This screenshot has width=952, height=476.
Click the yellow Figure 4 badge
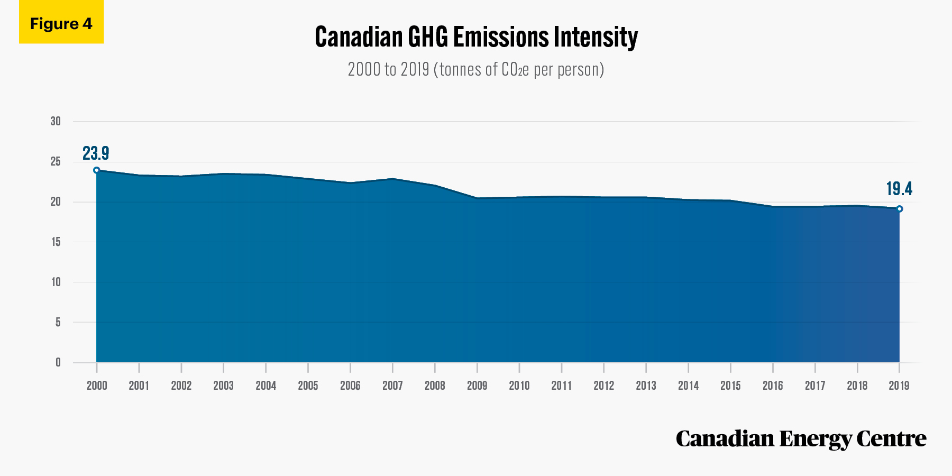(61, 22)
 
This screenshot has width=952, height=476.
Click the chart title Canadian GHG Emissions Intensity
(476, 37)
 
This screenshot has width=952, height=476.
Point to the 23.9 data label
(96, 153)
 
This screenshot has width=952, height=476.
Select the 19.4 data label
(899, 189)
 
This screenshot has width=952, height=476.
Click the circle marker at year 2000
(96, 170)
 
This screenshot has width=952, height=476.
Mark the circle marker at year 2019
(900, 209)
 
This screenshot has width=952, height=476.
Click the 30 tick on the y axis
(56, 121)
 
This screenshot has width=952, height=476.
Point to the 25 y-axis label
(56, 161)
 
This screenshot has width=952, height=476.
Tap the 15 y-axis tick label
(56, 242)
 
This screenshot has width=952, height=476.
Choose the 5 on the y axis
(58, 322)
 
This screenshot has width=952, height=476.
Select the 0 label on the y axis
(58, 362)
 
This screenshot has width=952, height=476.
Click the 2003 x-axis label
(223, 386)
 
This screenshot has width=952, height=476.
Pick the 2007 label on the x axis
(392, 386)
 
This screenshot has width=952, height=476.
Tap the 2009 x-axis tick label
(477, 386)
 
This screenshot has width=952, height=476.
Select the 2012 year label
(603, 386)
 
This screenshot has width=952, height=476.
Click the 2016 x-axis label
(773, 386)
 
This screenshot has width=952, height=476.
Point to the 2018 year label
(857, 386)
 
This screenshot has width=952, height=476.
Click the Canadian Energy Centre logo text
(801, 439)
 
